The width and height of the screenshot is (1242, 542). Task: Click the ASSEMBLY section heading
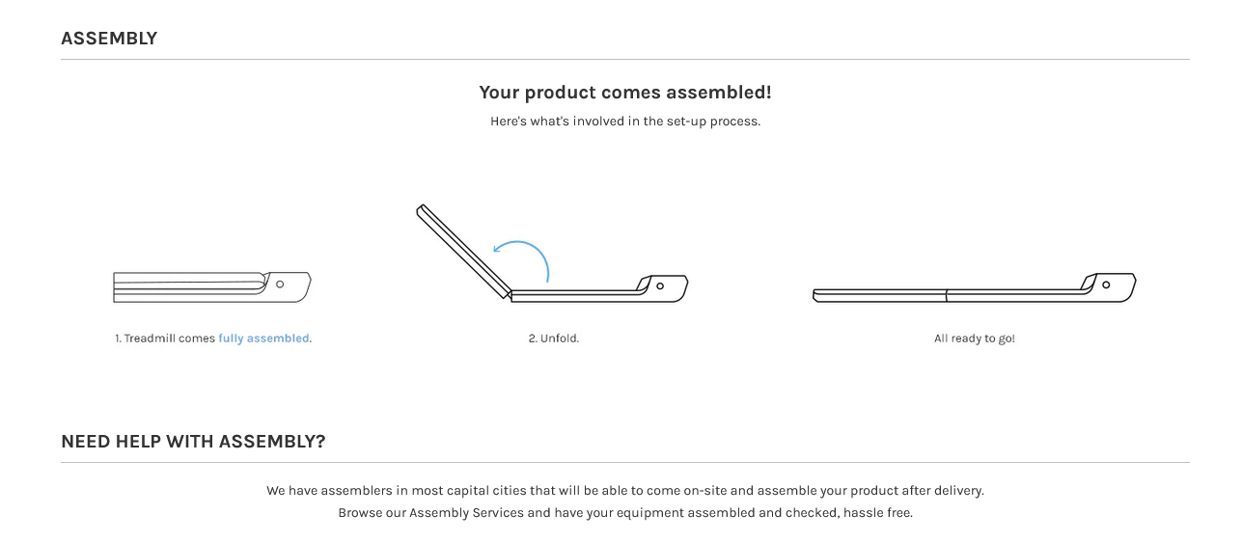click(x=109, y=39)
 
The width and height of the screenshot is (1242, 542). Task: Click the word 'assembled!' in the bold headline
click(x=719, y=92)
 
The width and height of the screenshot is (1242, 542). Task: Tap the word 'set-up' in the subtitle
click(x=686, y=122)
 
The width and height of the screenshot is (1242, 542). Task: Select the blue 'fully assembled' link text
click(x=263, y=339)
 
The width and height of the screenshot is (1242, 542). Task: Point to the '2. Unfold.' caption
click(x=554, y=339)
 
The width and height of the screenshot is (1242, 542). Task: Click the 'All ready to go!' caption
click(x=975, y=339)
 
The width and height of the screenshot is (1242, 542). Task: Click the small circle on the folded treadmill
click(x=280, y=285)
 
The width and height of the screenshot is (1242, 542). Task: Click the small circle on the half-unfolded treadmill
click(x=660, y=286)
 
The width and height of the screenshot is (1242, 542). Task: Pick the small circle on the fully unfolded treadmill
click(x=1106, y=285)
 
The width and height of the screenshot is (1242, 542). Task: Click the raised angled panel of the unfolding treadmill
click(x=463, y=252)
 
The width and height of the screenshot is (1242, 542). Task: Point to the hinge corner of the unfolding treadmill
click(x=509, y=294)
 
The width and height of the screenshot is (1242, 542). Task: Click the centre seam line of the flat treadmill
click(x=947, y=296)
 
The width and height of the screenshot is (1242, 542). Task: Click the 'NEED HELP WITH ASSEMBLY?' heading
click(x=194, y=441)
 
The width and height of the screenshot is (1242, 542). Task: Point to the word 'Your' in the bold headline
click(x=500, y=92)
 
